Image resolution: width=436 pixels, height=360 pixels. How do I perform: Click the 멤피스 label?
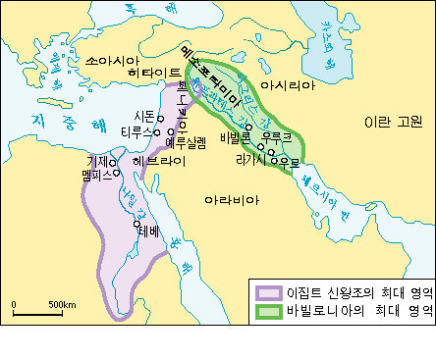tap(101, 174)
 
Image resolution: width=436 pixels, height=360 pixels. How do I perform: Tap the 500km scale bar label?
tap(62, 305)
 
